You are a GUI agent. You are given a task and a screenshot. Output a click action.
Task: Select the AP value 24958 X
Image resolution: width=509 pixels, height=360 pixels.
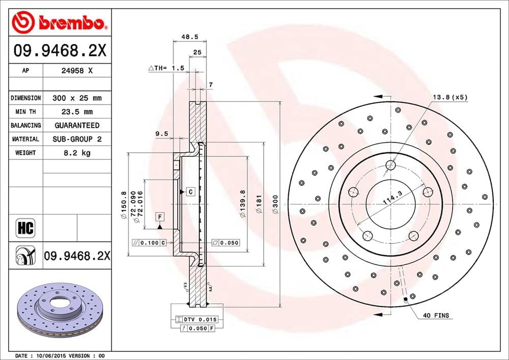click(x=76, y=71)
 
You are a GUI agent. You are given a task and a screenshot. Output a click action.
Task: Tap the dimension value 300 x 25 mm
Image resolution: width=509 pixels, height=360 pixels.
click(x=77, y=98)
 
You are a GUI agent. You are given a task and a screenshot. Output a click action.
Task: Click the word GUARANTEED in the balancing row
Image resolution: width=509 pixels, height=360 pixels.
click(x=77, y=125)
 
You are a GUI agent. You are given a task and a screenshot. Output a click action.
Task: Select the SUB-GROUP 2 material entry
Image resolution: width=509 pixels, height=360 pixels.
click(x=77, y=139)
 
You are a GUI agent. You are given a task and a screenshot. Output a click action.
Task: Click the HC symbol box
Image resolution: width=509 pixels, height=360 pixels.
click(x=25, y=228)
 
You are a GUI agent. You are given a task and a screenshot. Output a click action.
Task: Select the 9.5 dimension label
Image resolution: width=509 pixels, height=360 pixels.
click(x=161, y=134)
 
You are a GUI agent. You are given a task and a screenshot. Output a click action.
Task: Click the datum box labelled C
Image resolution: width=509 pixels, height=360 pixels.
click(x=190, y=192)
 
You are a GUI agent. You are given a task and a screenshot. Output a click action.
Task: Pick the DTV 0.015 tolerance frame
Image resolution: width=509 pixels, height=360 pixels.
click(x=196, y=319)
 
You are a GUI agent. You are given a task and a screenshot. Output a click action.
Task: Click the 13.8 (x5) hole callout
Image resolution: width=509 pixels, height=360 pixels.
click(x=449, y=97)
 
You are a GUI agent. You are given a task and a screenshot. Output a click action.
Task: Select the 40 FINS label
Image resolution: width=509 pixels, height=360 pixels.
click(x=436, y=316)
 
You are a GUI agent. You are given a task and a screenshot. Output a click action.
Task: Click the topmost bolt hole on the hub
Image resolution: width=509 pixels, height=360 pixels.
click(x=390, y=164)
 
